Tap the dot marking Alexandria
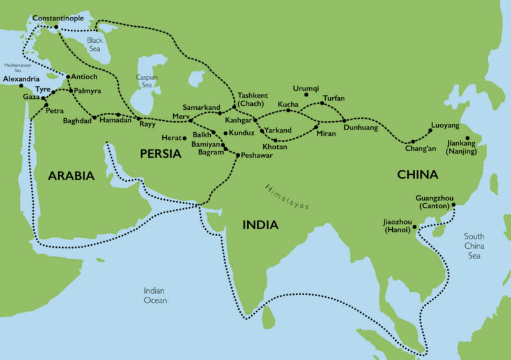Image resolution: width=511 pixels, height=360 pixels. [21, 86]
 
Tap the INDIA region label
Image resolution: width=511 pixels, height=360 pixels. [260, 225]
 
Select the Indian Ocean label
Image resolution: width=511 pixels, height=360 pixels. [155, 296]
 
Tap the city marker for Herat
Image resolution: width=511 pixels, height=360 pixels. [184, 138]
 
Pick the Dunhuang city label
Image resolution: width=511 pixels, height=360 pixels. [362, 128]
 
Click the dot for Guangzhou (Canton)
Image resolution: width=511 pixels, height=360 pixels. [454, 206]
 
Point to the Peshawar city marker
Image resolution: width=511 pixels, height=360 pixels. [237, 155]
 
